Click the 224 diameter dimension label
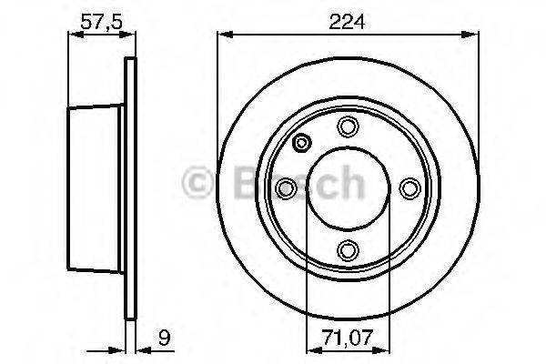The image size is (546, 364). click(349, 23)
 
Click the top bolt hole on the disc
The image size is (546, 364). click(348, 126)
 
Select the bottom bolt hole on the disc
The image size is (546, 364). click(348, 248)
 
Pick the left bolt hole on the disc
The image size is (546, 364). click(287, 187)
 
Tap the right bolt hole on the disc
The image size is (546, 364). click(409, 187)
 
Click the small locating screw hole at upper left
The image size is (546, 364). click(302, 142)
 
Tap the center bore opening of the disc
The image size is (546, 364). click(348, 187)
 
